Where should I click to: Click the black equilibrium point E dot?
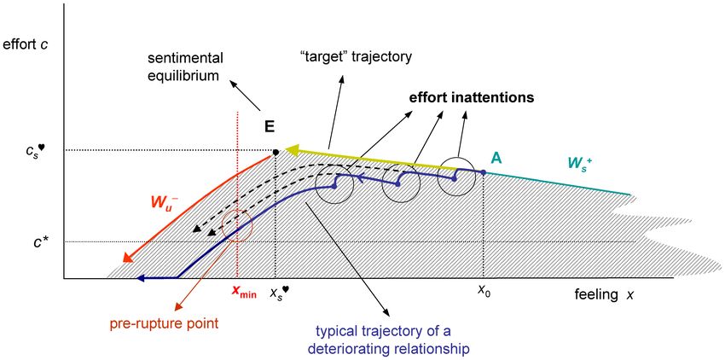click(x=275, y=152)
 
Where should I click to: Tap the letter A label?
click(x=496, y=159)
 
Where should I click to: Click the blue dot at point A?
click(x=484, y=172)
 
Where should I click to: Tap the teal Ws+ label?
click(x=580, y=165)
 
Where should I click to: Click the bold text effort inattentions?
click(x=471, y=98)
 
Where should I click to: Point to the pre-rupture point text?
click(x=164, y=323)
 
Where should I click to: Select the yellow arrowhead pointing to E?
click(x=292, y=150)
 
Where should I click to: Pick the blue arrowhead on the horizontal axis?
click(x=141, y=278)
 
